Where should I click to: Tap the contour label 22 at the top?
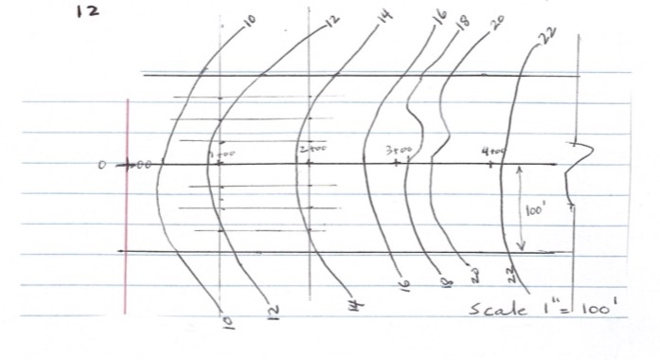544,34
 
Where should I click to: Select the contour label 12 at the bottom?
273,311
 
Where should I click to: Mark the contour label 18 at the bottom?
439,282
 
